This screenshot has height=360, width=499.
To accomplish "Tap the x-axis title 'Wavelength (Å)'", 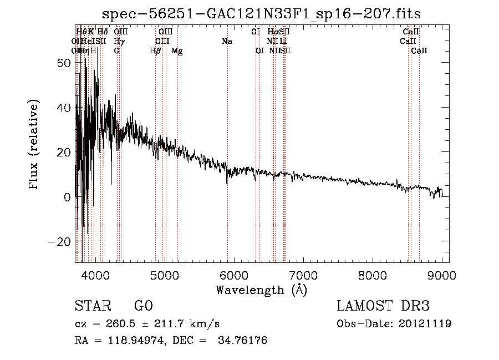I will (261, 290).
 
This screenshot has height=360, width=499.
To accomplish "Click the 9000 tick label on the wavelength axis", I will (442, 275).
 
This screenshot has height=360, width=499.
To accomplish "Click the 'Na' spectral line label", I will (227, 42).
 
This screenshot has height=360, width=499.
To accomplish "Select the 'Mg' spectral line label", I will (177, 51).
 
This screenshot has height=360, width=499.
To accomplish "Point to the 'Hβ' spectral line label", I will (155, 51).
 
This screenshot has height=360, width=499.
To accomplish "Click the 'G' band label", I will (116, 51).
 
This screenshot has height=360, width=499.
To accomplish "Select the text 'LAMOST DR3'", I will (383, 306).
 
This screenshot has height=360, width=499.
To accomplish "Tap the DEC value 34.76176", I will (244, 341).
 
